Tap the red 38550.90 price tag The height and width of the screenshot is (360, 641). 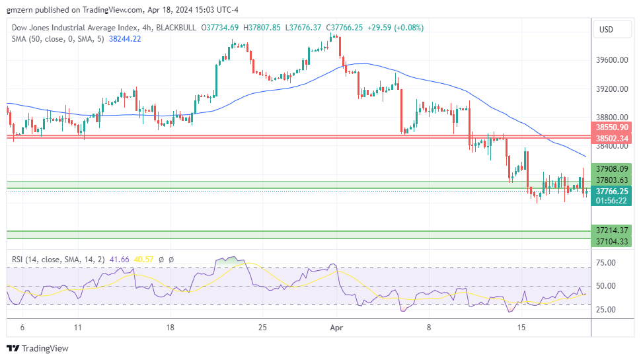coord(611,126)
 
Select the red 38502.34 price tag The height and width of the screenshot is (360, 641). coord(611,138)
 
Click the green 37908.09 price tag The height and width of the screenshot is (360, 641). coord(611,168)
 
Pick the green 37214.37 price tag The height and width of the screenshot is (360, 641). coord(611,231)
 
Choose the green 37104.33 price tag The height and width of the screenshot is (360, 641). coord(611,242)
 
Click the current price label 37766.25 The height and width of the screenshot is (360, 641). coord(611,190)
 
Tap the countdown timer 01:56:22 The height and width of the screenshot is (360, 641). coord(611,200)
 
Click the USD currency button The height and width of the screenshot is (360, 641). coord(606,30)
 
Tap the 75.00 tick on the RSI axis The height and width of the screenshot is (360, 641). coord(606,263)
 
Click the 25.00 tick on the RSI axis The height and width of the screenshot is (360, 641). coord(606,310)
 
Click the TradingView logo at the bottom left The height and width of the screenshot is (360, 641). coord(38,348)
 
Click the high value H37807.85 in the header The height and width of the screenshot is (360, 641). coord(262,28)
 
